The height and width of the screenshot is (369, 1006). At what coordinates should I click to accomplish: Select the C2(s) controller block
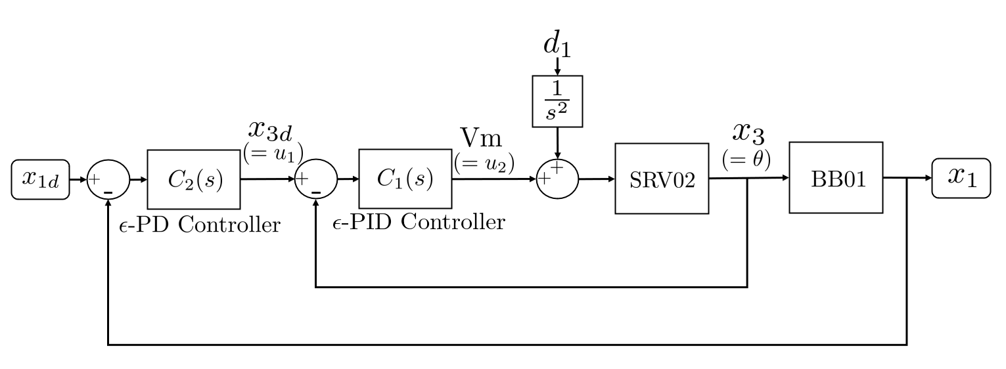click(x=194, y=179)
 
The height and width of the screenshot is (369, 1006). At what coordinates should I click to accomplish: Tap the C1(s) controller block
click(x=405, y=179)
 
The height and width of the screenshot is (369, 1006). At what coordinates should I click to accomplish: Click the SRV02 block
click(x=662, y=179)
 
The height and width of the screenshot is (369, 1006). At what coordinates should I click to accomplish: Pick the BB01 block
click(x=836, y=178)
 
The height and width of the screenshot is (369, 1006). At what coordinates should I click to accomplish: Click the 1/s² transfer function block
click(x=557, y=102)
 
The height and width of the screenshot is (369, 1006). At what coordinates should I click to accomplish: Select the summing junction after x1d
click(x=108, y=179)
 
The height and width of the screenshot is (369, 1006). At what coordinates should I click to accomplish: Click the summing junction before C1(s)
click(x=316, y=179)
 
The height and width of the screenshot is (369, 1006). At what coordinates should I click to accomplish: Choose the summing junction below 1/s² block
click(x=557, y=178)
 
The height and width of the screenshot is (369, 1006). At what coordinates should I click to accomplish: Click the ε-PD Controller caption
click(x=199, y=225)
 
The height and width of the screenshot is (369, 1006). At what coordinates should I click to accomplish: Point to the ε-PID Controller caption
click(x=419, y=223)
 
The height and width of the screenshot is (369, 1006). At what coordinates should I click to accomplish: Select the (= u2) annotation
click(x=484, y=162)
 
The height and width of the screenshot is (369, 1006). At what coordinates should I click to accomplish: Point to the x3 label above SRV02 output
click(x=748, y=132)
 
